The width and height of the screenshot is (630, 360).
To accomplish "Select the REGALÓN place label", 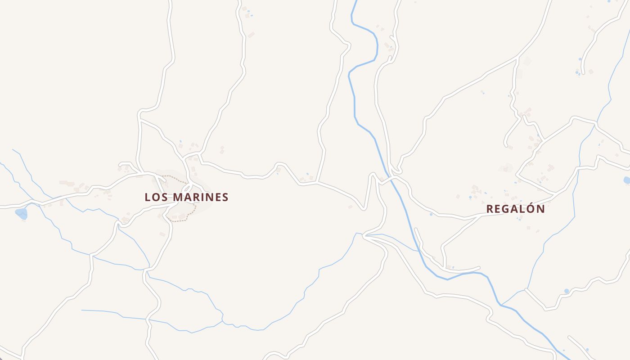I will tap(515, 209).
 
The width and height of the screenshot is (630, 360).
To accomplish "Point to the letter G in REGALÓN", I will tap(506, 209).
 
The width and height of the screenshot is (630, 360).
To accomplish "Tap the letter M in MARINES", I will tap(178, 197).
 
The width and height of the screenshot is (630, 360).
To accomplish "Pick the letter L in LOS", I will tap(148, 197).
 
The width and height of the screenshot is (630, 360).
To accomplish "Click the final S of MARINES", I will tap(225, 197).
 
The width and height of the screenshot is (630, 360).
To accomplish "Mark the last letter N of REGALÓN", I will tap(540, 209).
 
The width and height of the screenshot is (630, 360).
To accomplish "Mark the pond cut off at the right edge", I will tap(627, 180).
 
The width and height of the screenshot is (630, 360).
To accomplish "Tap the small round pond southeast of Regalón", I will tap(566, 291).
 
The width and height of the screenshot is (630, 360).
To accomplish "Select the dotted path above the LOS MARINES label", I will tap(175, 178).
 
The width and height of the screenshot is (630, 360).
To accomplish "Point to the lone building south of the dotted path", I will tap(162, 234).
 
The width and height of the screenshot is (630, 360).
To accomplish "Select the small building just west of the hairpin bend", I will tap(350, 207).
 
